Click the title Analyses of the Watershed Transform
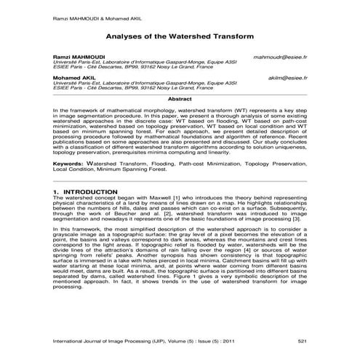click(x=180, y=33)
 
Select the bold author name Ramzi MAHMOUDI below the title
click(x=76, y=56)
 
